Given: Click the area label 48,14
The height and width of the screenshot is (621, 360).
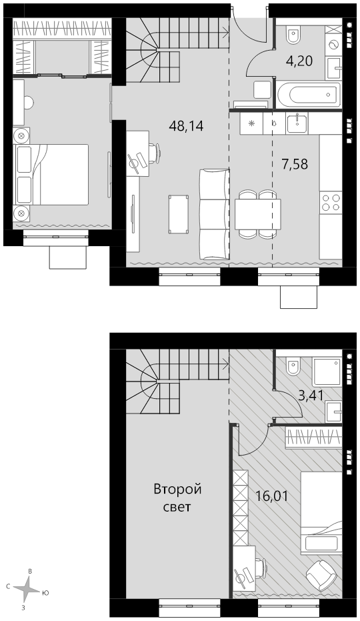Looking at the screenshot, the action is pos(186,126).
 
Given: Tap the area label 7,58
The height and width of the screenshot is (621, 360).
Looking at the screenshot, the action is pos(295,163).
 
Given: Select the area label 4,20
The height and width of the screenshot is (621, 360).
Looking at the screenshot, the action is pos(299,61).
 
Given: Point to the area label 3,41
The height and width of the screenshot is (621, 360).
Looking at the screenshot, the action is pos(311,396).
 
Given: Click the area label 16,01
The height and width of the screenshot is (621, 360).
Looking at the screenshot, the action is pos(272,496).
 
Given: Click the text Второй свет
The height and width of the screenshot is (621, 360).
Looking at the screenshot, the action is pos(177,498).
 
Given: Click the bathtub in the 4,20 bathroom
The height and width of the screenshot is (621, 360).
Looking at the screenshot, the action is pos(309,95).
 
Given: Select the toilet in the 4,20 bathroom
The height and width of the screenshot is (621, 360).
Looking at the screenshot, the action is pos(294,35).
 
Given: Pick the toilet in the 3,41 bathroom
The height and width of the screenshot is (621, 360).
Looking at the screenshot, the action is pos(294,366).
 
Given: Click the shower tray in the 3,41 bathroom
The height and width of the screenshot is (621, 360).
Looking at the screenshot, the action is pos(327,372).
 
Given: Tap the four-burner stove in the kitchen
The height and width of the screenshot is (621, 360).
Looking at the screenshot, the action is pos(331,203).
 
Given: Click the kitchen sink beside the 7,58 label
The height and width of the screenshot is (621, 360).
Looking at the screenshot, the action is pos(297,123).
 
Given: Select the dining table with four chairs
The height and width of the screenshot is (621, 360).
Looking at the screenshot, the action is pos(257,214).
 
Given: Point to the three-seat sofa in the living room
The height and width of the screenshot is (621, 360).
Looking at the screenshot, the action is pos(214,214).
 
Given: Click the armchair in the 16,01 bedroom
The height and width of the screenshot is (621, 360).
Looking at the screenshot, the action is pos(321,574).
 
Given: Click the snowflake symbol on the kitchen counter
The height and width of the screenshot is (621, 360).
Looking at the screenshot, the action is pos(251,123).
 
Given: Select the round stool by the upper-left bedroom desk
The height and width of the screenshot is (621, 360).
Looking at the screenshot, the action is pos(28,103).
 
